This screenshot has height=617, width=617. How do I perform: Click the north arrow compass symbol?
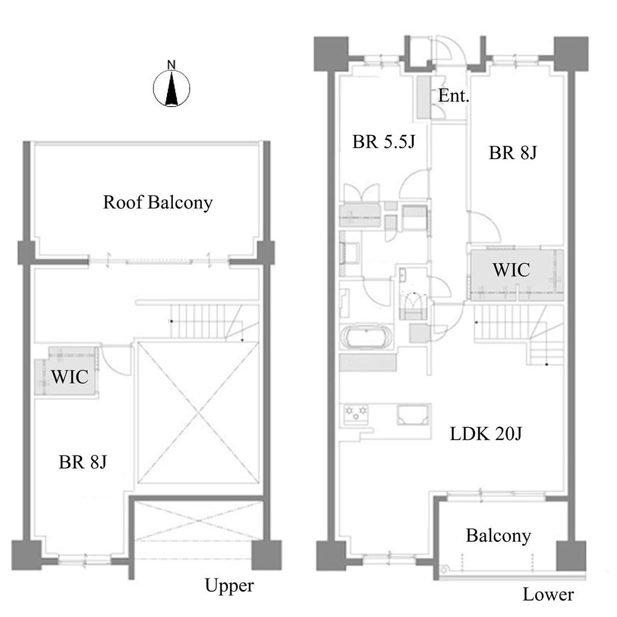172,88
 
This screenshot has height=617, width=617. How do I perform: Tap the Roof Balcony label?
158,202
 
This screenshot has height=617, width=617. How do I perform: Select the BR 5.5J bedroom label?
384,142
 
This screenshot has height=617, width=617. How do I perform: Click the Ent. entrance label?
454,96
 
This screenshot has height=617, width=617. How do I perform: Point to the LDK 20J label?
486,434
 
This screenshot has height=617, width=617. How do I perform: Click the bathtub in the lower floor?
366,337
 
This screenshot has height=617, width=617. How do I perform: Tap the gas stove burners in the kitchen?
355,414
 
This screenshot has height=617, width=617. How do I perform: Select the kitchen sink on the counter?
413,415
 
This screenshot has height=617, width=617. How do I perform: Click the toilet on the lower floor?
413,305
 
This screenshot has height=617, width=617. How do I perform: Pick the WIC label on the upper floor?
70,377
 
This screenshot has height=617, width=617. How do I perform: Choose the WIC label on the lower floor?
511,270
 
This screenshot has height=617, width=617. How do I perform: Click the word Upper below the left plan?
230,586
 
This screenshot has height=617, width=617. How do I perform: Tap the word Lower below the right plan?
548,595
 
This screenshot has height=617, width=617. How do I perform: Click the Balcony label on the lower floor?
498,536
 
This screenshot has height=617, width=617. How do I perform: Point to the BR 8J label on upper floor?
83,462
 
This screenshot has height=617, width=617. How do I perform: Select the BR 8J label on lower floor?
513,152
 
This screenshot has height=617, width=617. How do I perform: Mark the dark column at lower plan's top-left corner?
331,54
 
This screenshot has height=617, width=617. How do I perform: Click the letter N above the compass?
171,65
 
